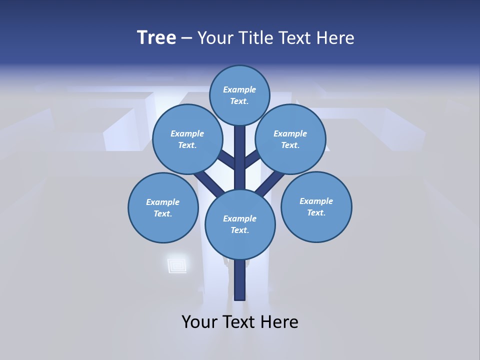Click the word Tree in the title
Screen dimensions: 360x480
(x=156, y=38)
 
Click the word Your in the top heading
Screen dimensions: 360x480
(x=216, y=38)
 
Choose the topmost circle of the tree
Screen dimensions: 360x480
(x=239, y=95)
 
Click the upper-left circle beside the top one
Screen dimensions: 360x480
(x=187, y=139)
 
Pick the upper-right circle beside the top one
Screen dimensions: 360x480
(x=290, y=139)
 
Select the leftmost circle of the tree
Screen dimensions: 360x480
(x=163, y=207)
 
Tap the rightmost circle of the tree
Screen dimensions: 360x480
(x=316, y=206)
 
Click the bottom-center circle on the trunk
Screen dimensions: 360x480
(x=240, y=224)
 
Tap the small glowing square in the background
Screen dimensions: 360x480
(x=176, y=264)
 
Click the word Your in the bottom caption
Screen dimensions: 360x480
(x=199, y=322)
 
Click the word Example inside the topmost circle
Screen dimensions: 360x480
(x=239, y=90)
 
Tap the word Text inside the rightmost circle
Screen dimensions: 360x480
(x=316, y=212)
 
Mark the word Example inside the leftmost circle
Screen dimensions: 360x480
(x=163, y=202)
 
